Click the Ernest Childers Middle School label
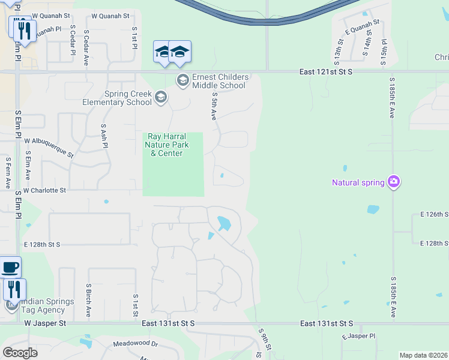[218, 81]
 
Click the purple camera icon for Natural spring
[394, 181]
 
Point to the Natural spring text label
[358, 182]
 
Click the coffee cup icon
[10, 267]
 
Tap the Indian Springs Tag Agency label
[43, 305]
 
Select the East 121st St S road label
[326, 72]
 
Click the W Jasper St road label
[44, 323]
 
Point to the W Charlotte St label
[44, 190]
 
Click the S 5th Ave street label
[214, 107]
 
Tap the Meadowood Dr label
[135, 344]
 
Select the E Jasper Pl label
[359, 337]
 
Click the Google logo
[20, 353]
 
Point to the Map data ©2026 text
[423, 355]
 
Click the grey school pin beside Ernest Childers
[182, 80]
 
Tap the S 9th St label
[265, 338]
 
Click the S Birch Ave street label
[88, 300]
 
